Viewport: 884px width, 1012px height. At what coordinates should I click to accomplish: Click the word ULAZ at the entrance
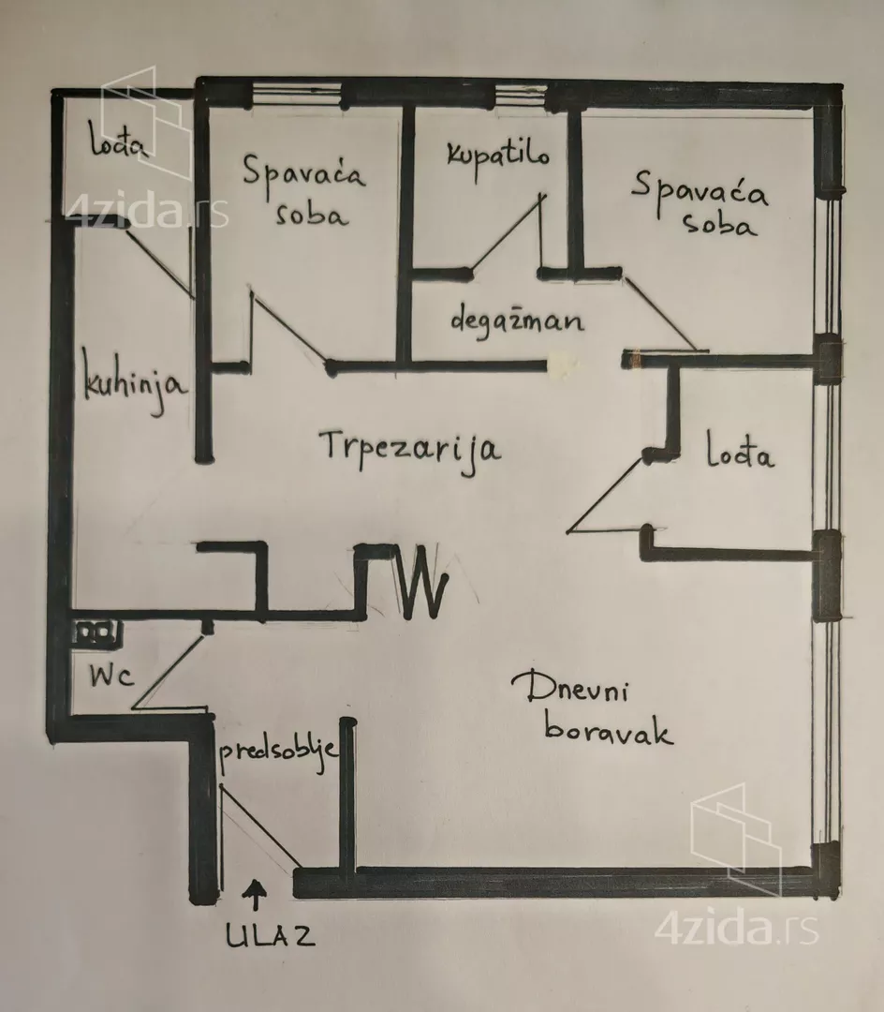tap(271, 936)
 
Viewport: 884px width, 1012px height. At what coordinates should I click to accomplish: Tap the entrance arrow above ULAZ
tap(256, 895)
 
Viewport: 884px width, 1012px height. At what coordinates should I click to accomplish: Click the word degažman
tap(517, 320)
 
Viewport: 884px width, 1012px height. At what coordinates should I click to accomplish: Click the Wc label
tap(111, 676)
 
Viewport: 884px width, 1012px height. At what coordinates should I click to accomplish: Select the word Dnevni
tap(569, 688)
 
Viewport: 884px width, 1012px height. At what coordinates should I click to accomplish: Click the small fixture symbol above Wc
tap(96, 633)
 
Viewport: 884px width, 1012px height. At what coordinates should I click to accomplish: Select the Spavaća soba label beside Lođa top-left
tap(303, 189)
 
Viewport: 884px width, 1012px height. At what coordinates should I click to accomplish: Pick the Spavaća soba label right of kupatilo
tap(700, 202)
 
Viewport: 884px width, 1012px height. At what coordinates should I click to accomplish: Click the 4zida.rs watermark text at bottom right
tap(737, 928)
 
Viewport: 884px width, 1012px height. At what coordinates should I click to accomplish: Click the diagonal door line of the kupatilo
tap(508, 233)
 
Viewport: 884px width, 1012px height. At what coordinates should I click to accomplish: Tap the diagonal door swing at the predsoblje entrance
tap(260, 826)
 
